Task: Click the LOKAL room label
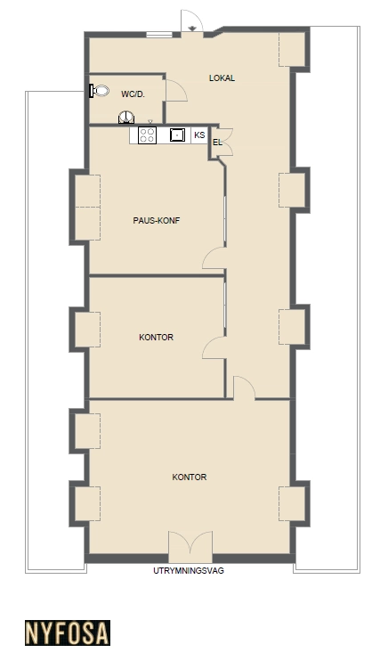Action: click(222, 78)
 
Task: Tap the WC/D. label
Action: click(133, 94)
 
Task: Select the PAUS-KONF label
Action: click(157, 220)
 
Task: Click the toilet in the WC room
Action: click(100, 91)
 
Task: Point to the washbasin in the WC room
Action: click(126, 118)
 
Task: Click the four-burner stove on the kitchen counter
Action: click(147, 135)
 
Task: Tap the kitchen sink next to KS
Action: click(177, 135)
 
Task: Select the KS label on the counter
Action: click(199, 135)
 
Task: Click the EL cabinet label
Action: click(217, 143)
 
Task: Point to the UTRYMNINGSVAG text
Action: click(189, 571)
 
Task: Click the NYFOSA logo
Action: click(68, 632)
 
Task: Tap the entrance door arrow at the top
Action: click(192, 29)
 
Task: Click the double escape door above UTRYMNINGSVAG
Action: click(190, 546)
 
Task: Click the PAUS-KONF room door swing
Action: click(214, 257)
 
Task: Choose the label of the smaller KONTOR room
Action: click(157, 338)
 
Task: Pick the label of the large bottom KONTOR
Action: click(190, 477)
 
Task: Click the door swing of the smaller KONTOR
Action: click(214, 347)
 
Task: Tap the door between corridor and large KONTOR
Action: click(244, 388)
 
